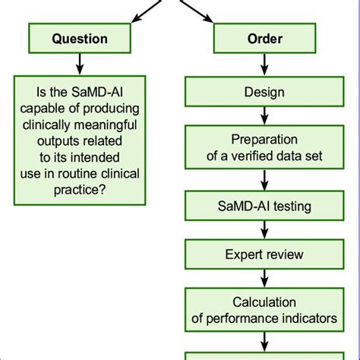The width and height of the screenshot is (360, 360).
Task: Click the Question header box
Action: click(79, 38)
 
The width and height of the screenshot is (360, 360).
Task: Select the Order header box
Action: click(264, 38)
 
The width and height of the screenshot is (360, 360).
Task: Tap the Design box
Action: click(264, 92)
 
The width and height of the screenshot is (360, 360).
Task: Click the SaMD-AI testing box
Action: click(264, 206)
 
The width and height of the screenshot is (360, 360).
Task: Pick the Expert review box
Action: click(264, 254)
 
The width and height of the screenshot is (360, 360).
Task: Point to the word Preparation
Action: click(264, 139)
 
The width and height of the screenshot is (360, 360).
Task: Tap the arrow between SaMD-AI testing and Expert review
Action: click(264, 230)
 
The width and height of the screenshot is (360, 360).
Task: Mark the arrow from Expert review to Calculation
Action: click(264, 276)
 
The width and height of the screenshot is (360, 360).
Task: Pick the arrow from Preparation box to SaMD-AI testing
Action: click(264, 180)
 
